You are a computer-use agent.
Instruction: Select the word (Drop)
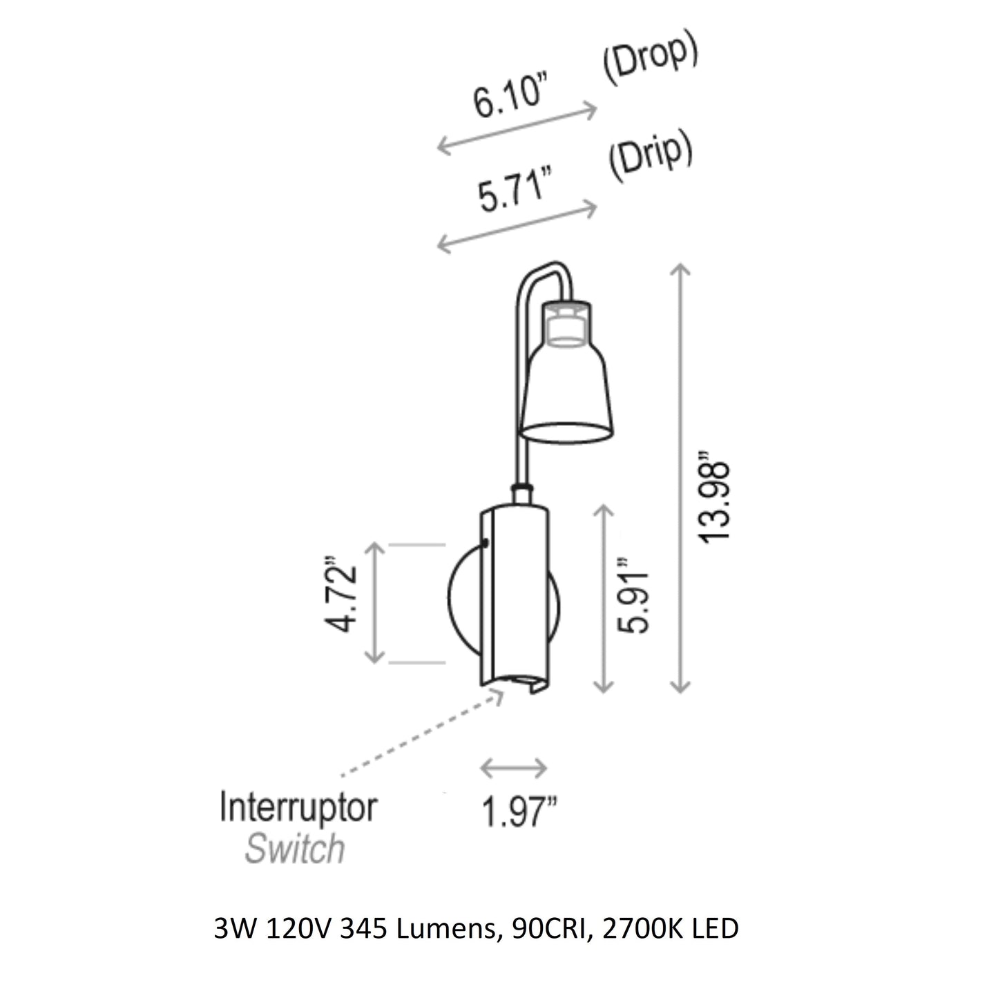click(651, 61)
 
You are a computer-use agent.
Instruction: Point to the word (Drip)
click(650, 157)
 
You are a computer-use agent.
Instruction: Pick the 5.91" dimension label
click(633, 595)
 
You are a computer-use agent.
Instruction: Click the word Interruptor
click(298, 807)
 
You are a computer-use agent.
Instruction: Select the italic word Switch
click(295, 848)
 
